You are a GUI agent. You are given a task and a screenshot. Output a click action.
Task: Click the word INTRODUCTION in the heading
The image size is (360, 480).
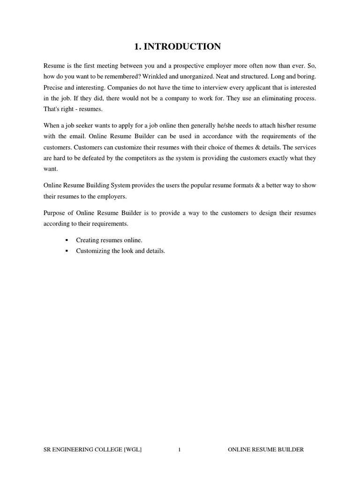[x=182, y=46]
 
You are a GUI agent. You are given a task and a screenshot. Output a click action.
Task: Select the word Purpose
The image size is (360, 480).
[x=54, y=213]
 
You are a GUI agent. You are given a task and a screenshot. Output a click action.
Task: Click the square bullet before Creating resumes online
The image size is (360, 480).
[x=67, y=240]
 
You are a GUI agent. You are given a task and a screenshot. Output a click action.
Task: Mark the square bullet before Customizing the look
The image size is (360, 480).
[x=67, y=251]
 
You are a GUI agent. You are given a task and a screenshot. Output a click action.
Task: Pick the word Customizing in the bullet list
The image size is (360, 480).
[x=93, y=251]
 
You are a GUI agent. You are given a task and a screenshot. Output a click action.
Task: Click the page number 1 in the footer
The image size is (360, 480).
[x=179, y=450]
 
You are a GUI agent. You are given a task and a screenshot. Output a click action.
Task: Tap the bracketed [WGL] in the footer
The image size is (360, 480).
[x=133, y=450]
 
